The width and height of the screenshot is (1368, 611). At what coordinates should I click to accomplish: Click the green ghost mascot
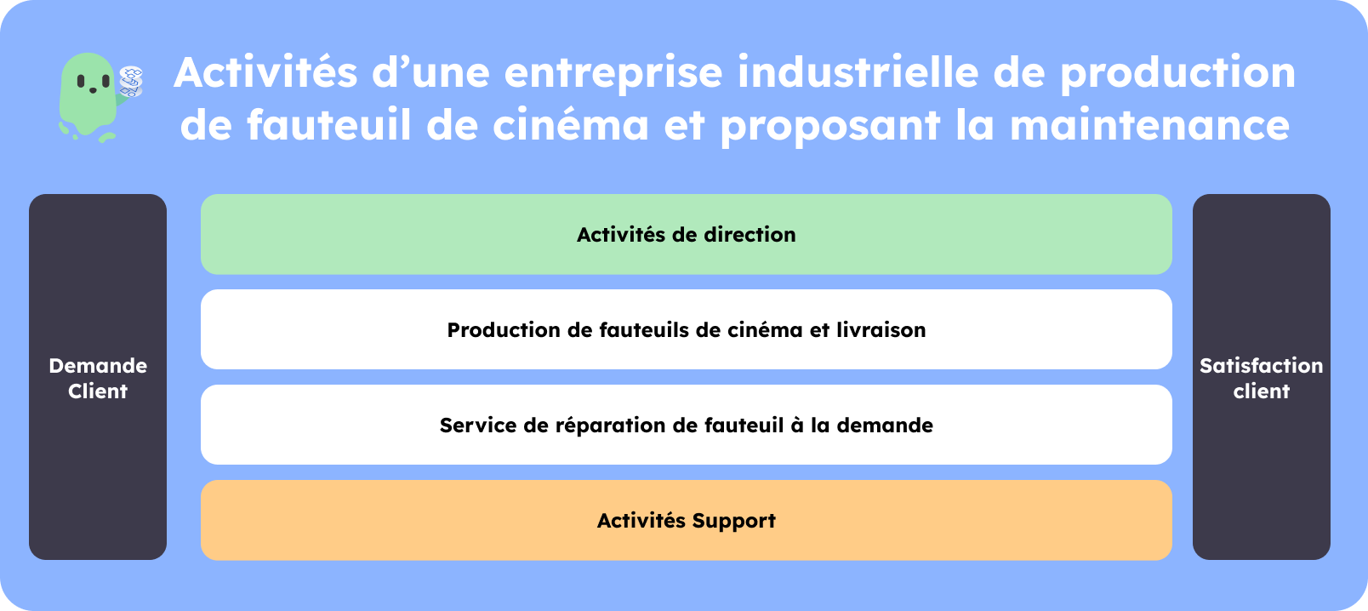[x=88, y=95]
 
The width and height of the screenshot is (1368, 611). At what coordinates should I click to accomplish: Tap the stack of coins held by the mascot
[x=131, y=82]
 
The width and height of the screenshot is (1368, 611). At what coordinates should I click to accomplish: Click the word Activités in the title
[x=265, y=72]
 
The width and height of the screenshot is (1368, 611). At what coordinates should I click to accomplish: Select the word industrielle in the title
[x=858, y=72]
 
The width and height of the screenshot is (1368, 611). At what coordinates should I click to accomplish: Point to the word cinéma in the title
[x=571, y=125]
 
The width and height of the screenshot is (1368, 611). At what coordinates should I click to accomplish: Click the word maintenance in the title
[x=1149, y=125]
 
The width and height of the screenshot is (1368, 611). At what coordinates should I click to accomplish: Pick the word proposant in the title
[x=830, y=127]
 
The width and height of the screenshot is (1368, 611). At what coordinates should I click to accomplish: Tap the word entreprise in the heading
[x=614, y=74]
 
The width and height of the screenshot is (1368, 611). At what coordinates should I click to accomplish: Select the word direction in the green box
[x=750, y=235]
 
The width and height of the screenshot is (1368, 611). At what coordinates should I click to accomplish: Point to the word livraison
[x=881, y=330]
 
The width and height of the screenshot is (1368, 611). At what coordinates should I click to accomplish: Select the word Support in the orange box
[x=733, y=522]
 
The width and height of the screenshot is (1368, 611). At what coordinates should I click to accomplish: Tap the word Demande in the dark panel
[x=98, y=366]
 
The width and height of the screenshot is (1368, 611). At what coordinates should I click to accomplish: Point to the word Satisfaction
[x=1261, y=366]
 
